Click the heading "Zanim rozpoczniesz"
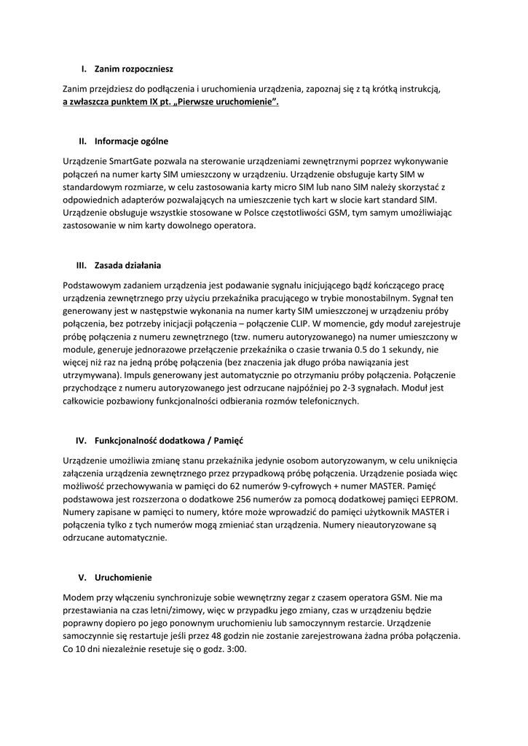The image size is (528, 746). (x=134, y=69)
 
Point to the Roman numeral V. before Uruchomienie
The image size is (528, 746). (x=83, y=577)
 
